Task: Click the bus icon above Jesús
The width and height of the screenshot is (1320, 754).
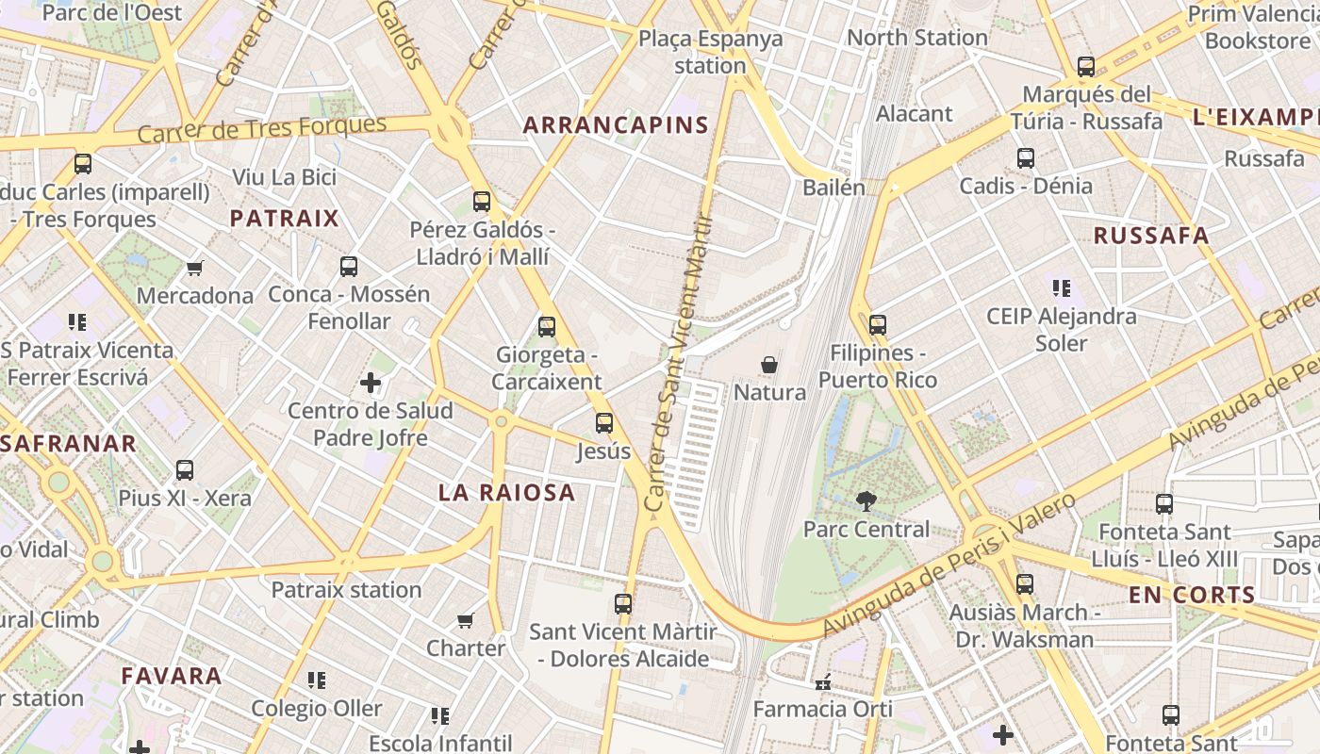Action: [604, 423]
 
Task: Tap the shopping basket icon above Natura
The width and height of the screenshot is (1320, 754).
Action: [769, 365]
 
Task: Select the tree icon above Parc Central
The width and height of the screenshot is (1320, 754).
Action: [866, 501]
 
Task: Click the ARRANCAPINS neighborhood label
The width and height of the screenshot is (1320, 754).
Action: [616, 125]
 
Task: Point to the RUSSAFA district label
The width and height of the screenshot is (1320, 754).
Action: [1150, 236]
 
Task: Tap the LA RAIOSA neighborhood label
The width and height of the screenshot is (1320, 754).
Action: [506, 492]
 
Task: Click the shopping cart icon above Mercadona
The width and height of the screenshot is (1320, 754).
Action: [195, 268]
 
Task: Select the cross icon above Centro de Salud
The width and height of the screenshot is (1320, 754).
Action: [371, 383]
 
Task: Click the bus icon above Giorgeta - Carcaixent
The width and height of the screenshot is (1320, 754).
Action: [546, 327]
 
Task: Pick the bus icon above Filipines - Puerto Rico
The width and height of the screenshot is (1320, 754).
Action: [878, 325]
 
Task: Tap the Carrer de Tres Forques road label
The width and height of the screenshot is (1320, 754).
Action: [262, 129]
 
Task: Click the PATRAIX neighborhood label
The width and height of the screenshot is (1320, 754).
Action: [284, 219]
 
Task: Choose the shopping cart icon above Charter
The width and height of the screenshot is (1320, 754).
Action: [465, 620]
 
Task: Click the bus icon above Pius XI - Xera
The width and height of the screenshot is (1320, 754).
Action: [185, 470]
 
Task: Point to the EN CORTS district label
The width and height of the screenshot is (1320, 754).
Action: [1192, 595]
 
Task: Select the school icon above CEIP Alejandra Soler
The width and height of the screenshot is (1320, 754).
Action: [1062, 288]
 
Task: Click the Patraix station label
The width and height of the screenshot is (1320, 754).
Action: [346, 590]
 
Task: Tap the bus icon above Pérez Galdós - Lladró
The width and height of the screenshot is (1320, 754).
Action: [482, 201]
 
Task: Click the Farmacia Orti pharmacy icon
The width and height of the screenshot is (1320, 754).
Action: [823, 681]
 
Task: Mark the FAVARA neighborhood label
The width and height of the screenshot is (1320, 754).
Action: [172, 676]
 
